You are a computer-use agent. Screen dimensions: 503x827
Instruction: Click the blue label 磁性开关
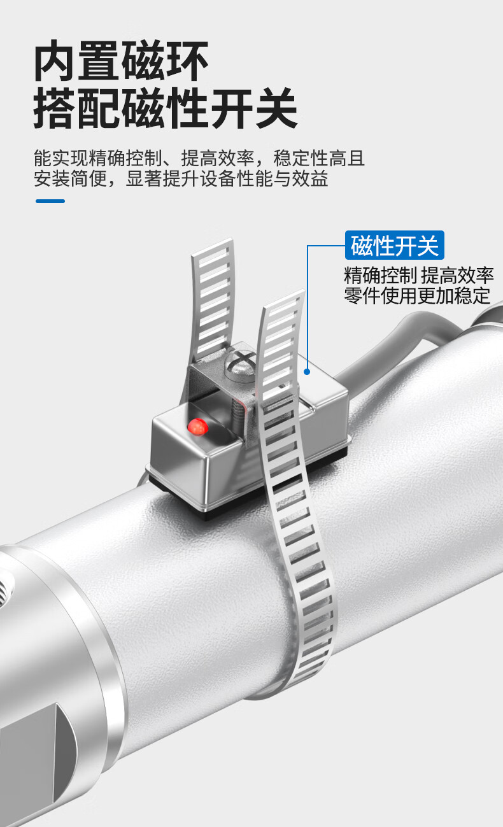pos(395,245)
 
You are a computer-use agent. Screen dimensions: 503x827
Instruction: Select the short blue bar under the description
pos(50,201)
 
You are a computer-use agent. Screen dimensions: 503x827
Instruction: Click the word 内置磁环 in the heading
pos(122,62)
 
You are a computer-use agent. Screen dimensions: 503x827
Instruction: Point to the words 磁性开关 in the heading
pos(210,108)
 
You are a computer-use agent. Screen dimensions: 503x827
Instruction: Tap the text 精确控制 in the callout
pos(380,276)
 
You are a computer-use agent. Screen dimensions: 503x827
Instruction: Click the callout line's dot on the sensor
pos(307,372)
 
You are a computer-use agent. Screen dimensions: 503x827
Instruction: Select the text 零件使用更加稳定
pos(417,295)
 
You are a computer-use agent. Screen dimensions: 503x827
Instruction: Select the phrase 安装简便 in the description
pos(68,179)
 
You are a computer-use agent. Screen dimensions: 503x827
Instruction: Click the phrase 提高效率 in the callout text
pos(457,276)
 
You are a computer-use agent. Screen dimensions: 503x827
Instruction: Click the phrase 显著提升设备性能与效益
pos(227,179)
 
